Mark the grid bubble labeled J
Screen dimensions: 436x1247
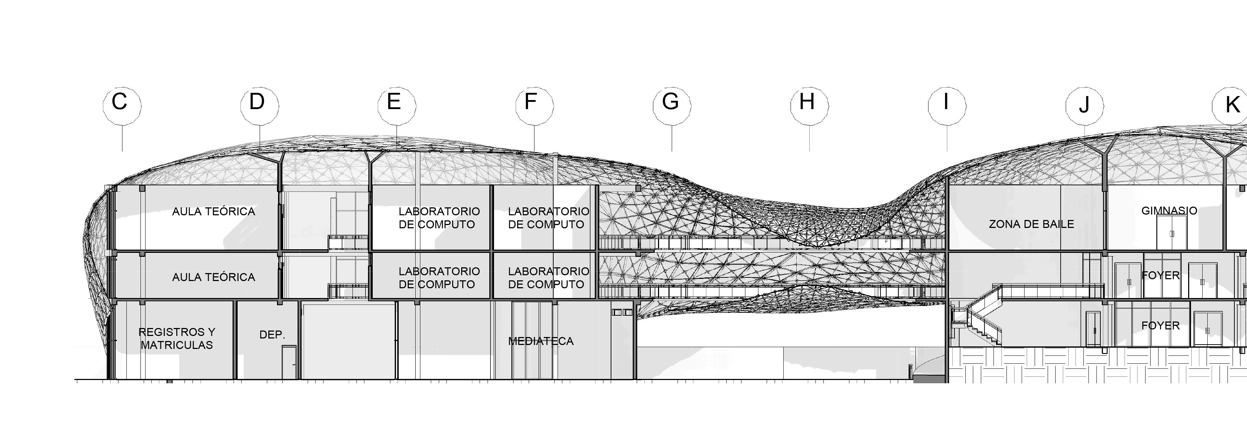(1084, 105)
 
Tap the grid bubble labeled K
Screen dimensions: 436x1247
(1230, 105)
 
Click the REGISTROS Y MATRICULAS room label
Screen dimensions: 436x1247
(177, 338)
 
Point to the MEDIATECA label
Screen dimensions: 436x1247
(541, 341)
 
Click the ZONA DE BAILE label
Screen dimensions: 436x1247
(1031, 224)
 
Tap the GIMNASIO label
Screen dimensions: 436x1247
(1169, 211)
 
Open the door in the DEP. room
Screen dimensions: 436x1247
(289, 362)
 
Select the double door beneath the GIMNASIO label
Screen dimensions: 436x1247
(1172, 233)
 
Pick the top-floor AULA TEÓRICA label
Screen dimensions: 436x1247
(213, 211)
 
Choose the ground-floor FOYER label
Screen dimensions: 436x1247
(1160, 325)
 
